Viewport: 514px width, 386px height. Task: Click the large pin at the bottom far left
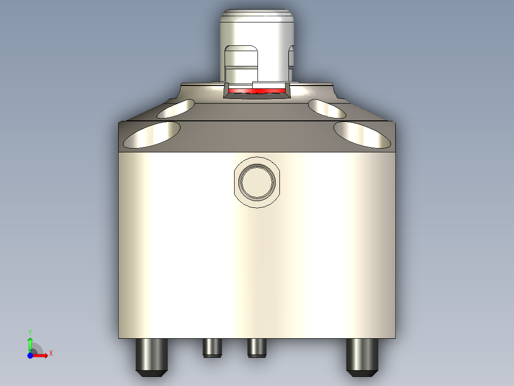click(152, 356)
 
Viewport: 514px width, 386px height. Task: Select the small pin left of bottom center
click(212, 347)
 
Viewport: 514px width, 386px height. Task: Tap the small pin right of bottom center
click(257, 347)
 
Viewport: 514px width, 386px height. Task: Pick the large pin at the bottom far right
click(362, 356)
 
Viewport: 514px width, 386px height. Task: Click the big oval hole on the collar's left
click(152, 135)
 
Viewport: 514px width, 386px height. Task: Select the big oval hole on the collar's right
click(361, 135)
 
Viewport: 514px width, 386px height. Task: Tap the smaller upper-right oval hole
click(327, 109)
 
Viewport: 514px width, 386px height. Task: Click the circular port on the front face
click(257, 182)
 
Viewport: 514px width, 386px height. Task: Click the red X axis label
click(51, 354)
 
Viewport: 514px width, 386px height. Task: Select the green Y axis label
click(30, 331)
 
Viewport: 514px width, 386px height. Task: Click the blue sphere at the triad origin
click(30, 355)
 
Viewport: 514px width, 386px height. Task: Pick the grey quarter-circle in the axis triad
click(37, 350)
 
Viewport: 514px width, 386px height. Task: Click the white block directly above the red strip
click(269, 85)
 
